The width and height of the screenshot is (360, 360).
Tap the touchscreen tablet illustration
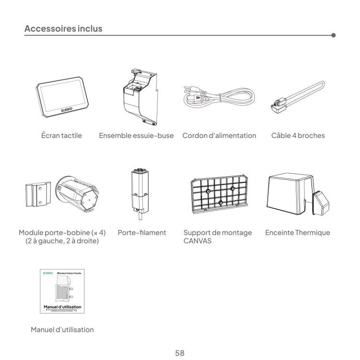(x=62, y=98)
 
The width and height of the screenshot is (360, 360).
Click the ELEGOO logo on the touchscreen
(x=67, y=109)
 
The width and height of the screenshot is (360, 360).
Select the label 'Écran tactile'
(x=61, y=135)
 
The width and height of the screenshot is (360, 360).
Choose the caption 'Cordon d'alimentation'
(x=219, y=135)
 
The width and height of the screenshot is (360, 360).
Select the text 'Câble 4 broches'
(x=298, y=135)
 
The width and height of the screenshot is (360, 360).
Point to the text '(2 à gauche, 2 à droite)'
(x=61, y=241)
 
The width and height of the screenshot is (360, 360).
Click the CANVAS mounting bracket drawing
(x=218, y=194)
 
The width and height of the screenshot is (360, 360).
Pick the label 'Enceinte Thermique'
(x=298, y=233)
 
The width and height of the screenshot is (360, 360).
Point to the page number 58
(x=180, y=340)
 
